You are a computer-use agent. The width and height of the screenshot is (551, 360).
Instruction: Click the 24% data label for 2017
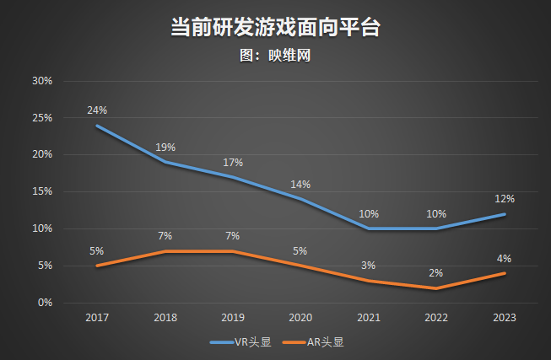[x=97, y=110]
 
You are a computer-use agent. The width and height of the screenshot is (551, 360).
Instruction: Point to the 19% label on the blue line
[x=165, y=148]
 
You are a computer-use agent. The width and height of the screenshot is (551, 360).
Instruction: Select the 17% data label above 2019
[x=233, y=162]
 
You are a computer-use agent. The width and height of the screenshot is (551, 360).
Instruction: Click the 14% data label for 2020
[x=300, y=184]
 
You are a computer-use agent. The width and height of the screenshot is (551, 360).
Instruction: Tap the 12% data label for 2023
[x=504, y=199]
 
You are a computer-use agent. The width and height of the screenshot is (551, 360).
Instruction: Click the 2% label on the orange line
[x=436, y=272]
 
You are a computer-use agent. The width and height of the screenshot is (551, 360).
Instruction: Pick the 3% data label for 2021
[x=369, y=266]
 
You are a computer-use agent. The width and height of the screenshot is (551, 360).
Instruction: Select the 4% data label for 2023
[x=504, y=258]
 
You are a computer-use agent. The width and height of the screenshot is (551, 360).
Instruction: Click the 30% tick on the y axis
[x=42, y=81]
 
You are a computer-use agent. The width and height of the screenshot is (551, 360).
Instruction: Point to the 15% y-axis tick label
[x=42, y=191]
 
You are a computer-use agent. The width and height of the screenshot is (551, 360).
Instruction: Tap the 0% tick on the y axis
[x=45, y=302]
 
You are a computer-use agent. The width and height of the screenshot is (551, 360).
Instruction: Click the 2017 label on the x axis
[x=97, y=318]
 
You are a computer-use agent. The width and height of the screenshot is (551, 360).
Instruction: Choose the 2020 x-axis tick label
[x=300, y=318]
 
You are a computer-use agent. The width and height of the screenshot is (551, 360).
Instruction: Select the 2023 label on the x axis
[x=504, y=318]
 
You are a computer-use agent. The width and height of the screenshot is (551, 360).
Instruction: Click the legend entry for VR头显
[x=240, y=342]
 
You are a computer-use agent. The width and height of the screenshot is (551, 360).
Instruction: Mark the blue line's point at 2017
[x=97, y=126]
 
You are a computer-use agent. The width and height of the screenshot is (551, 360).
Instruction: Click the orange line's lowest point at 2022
[x=436, y=287]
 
